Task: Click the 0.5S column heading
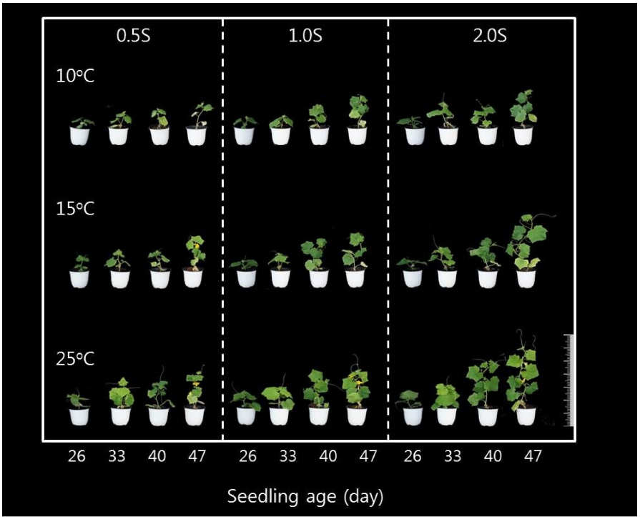point(134,37)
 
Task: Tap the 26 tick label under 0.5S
point(77,457)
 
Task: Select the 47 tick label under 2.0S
point(531,457)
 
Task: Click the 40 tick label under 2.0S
point(492,457)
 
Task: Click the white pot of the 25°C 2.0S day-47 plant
point(526,415)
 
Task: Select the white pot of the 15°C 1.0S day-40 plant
point(318,278)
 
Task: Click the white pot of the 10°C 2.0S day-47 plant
point(523,136)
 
